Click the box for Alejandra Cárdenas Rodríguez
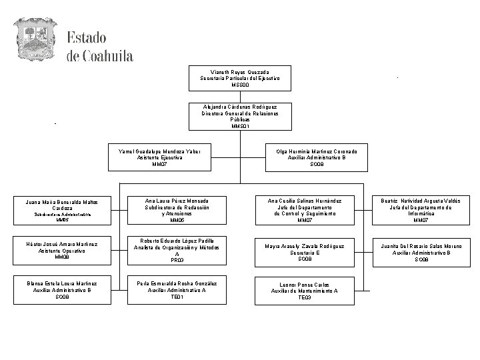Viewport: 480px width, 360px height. pyautogui.click(x=240, y=116)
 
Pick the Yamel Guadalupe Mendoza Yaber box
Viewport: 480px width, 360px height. pyautogui.click(x=159, y=157)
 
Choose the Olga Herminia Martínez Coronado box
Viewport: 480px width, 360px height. pyautogui.click(x=317, y=157)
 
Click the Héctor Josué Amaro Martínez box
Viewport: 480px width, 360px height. pyautogui.click(x=62, y=250)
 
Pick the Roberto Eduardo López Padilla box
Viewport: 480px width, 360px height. pyautogui.click(x=177, y=250)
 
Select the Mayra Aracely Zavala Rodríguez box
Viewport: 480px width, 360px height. pyautogui.click(x=305, y=250)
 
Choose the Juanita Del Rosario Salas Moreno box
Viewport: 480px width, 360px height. pyautogui.click(x=421, y=250)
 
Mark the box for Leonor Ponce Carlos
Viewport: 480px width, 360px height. pyautogui.click(x=305, y=291)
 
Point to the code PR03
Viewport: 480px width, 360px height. pyautogui.click(x=177, y=261)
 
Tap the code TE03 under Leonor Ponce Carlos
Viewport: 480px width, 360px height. pyautogui.click(x=305, y=297)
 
